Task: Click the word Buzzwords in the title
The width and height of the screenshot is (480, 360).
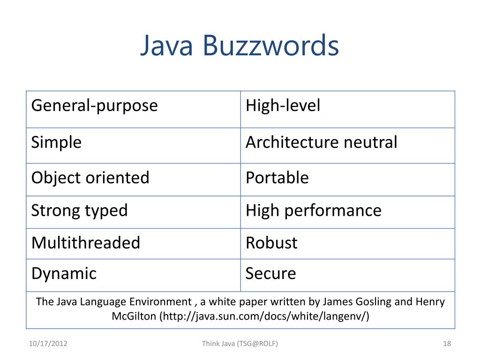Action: [x=271, y=46]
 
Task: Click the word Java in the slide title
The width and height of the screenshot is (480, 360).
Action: [x=166, y=46]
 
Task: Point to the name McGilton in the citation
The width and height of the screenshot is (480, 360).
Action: [x=134, y=316]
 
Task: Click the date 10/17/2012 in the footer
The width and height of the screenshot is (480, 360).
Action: [x=48, y=344]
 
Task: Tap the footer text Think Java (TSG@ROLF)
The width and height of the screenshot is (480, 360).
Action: [x=240, y=344]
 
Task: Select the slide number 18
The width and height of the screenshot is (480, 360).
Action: [x=447, y=344]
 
